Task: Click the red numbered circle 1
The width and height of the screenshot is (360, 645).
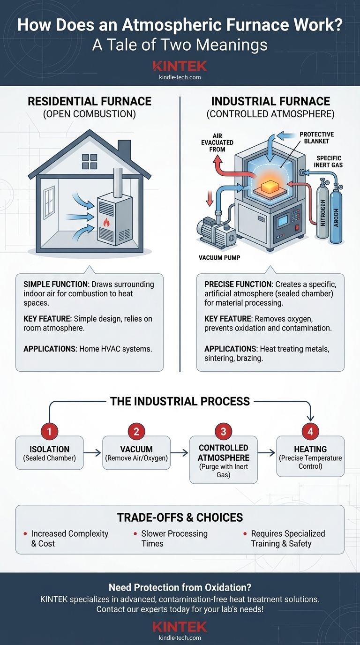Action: (49, 430)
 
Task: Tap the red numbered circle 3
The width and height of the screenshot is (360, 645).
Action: (223, 430)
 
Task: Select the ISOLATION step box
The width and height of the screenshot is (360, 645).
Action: (49, 453)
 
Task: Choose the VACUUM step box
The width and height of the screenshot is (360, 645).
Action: (136, 453)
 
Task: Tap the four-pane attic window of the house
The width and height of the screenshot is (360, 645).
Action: (89, 161)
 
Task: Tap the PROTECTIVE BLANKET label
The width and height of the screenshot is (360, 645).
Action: (317, 138)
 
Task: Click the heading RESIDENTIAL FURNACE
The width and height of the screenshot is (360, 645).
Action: (90, 101)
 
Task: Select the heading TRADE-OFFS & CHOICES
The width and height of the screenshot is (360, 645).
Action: (180, 517)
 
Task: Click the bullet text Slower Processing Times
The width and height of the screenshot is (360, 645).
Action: (174, 539)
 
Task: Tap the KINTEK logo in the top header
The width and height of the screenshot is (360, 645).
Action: (180, 66)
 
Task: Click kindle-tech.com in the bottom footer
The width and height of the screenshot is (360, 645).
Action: (180, 638)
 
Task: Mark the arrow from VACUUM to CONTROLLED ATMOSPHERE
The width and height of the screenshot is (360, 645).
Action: (180, 453)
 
